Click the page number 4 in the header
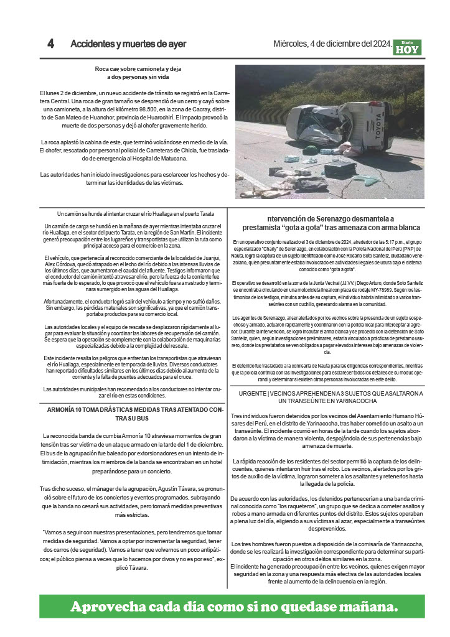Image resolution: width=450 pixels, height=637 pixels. tap(51, 44)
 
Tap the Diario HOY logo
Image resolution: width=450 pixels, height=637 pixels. tap(407, 47)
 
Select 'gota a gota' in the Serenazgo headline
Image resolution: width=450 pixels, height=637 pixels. tap(306, 228)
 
